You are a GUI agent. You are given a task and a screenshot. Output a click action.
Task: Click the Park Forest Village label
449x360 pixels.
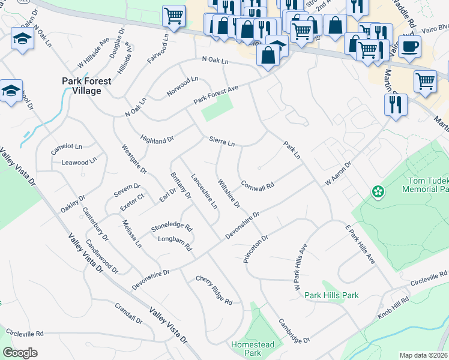pos(82,85)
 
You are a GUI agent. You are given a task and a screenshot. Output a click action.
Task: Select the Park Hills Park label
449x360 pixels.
pos(331,295)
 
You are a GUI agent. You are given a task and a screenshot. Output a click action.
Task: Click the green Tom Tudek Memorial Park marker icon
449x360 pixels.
pos(378,192)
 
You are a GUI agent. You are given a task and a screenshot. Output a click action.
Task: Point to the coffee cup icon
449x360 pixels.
pos(409,46)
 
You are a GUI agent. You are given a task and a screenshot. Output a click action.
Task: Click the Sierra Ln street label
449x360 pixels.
pos(221,141)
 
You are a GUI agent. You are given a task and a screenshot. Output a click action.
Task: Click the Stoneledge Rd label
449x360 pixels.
pos(172,228)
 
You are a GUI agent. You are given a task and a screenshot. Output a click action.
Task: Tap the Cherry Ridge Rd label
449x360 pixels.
pos(214,290)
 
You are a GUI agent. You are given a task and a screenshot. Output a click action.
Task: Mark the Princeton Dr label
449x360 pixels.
pos(255,248)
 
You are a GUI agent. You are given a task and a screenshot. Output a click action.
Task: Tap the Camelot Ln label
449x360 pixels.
pos(66,146)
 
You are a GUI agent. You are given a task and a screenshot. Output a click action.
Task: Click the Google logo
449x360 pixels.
pos(20,352)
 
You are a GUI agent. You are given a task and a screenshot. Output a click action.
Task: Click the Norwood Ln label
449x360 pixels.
pos(182,87)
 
